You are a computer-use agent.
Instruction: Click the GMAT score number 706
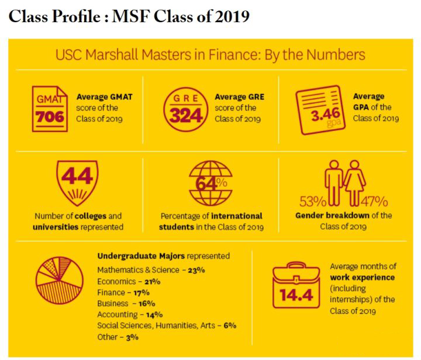tap(49, 116)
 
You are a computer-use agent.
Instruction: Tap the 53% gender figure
tap(312, 202)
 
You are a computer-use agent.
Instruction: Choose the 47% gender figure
tap(375, 202)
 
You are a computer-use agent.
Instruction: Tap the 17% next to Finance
tap(139, 292)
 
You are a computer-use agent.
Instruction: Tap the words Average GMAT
tap(104, 96)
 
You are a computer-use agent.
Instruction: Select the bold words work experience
tap(362, 277)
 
